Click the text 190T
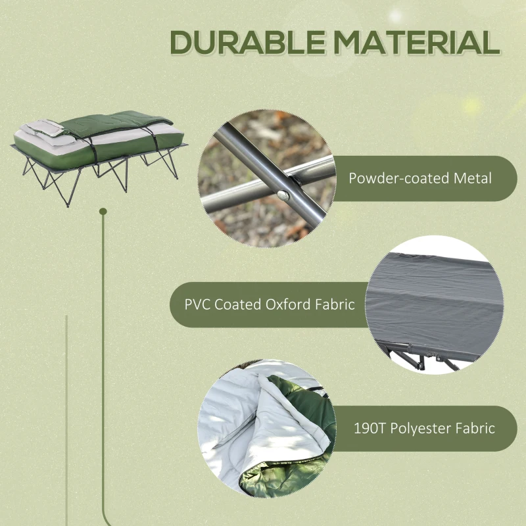366,429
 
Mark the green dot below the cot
103,211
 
